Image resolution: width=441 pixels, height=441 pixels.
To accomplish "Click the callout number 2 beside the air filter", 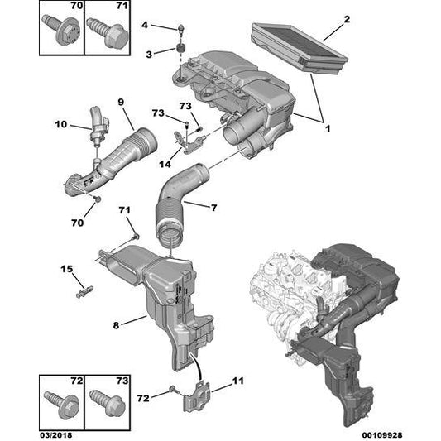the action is pos(347,19).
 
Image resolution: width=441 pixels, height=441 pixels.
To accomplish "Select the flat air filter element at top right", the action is pos(300,48).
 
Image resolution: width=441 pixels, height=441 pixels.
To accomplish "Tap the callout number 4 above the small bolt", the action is pos(145,25).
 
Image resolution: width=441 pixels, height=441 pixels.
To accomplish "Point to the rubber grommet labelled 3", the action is pos(180,48).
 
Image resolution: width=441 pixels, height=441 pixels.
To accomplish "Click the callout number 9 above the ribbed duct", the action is pos(121,102).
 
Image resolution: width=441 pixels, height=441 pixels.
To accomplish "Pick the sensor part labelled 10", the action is pos(98,126).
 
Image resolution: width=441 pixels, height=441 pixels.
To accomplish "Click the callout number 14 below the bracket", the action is pos(165,164).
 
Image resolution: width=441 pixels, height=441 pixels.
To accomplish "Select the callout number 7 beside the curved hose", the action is pos(214,208).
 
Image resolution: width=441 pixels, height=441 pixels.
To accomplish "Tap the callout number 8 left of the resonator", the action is pos(116,325).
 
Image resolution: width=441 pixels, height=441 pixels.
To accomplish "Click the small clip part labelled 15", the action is pos(84,292).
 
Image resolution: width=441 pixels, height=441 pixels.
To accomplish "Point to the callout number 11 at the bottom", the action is pos(238,381).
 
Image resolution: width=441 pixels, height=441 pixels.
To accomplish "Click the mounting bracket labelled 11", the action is pos(197,396).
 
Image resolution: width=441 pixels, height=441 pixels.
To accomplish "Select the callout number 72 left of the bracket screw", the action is pos(143,398).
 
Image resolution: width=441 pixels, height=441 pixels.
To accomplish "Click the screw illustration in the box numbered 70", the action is pos(61,30).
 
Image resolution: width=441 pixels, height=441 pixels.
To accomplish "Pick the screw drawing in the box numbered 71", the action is pos(108,32).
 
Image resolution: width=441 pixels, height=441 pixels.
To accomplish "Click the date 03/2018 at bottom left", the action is pos(55,435).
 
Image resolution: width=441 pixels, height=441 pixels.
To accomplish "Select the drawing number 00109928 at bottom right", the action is pos(382,435).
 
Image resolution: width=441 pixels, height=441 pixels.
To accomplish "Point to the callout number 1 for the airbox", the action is pos(328,129).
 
